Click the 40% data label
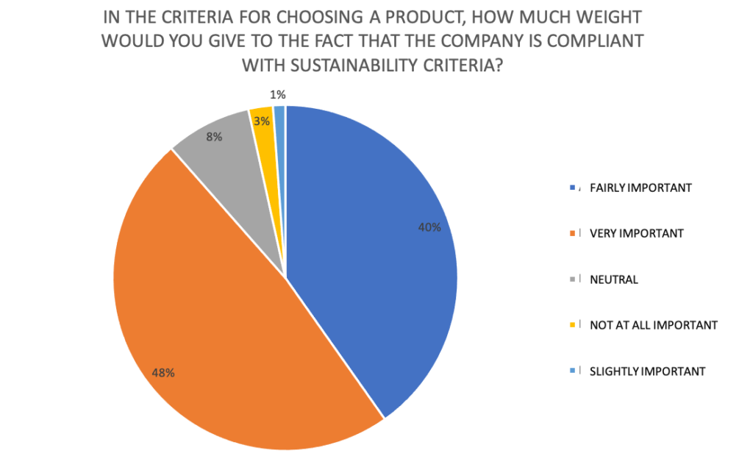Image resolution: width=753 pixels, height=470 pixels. pyautogui.click(x=429, y=228)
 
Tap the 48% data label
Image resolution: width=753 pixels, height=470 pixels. pyautogui.click(x=163, y=373)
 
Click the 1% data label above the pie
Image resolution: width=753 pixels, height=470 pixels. pyautogui.click(x=277, y=94)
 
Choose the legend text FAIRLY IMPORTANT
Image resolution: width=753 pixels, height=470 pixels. pyautogui.click(x=640, y=188)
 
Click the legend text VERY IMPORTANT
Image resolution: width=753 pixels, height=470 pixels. pyautogui.click(x=636, y=233)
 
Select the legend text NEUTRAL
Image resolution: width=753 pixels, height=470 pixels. pyautogui.click(x=613, y=279)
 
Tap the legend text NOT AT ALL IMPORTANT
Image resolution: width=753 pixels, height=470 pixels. pyautogui.click(x=653, y=325)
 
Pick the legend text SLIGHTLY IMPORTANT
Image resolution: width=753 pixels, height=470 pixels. pyautogui.click(x=647, y=371)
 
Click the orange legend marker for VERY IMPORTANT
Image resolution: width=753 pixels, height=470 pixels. pyautogui.click(x=571, y=233)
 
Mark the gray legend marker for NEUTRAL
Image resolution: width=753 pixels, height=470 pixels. pyautogui.click(x=571, y=279)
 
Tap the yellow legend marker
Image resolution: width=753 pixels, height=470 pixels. pyautogui.click(x=571, y=325)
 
